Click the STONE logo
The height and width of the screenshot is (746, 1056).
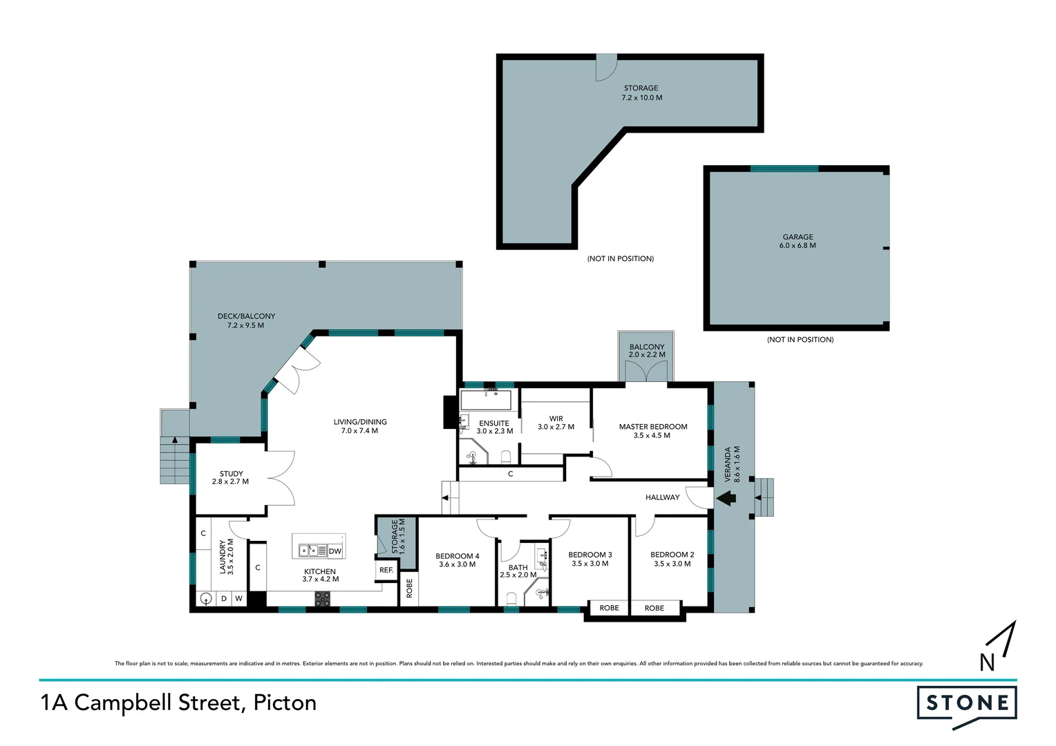[966, 704]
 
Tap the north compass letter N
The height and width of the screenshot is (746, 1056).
[987, 662]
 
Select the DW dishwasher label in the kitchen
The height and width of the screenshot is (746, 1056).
[335, 551]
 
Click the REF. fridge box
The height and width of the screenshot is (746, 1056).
[386, 570]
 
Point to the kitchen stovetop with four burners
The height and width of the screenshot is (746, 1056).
[322, 599]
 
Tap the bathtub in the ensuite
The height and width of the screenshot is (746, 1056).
[486, 401]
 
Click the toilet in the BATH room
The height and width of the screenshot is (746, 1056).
[511, 598]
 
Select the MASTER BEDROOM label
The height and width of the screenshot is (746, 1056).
[653, 427]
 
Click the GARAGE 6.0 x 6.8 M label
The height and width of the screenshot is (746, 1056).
[798, 241]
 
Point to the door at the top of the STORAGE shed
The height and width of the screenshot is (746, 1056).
[607, 67]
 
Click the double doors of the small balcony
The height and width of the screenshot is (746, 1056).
[645, 372]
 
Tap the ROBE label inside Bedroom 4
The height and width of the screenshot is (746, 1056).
[409, 589]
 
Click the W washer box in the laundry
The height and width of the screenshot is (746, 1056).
[238, 598]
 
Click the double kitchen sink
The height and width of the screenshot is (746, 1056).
[312, 551]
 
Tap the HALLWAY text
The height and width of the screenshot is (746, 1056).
[662, 497]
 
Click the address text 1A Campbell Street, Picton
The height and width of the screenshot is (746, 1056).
[178, 702]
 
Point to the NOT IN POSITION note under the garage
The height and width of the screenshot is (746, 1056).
[800, 340]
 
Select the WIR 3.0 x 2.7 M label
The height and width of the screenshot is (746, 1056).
[556, 423]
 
